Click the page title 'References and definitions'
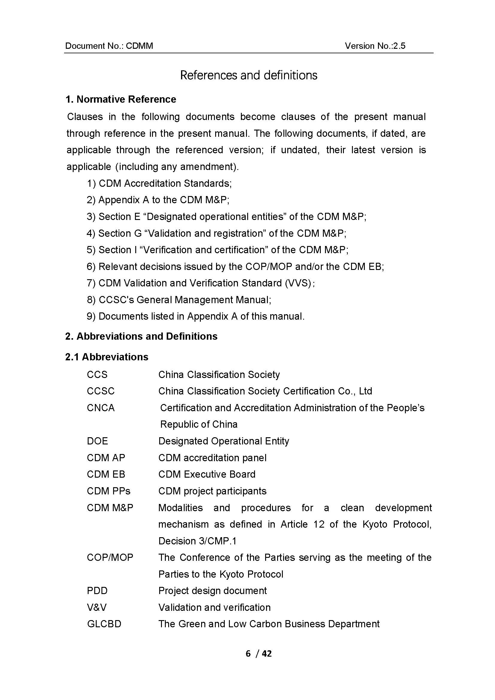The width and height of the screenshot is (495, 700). click(x=248, y=75)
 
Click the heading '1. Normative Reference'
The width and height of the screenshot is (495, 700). click(x=121, y=99)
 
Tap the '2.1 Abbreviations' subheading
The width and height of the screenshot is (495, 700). click(x=107, y=357)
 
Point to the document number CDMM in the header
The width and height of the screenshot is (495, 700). click(x=139, y=46)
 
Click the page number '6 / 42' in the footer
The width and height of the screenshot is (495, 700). click(x=259, y=653)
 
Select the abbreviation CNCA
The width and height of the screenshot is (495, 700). click(x=101, y=408)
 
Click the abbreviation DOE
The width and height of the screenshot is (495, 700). click(x=97, y=441)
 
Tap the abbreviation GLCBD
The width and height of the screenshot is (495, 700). click(x=104, y=624)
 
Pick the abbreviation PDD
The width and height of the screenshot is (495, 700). click(x=97, y=590)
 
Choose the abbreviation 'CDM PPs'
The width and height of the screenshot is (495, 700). click(x=109, y=491)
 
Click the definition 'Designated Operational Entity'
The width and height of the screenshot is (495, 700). click(x=224, y=441)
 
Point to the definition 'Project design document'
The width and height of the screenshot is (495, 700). click(x=212, y=590)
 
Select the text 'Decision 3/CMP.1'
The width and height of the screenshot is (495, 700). click(x=198, y=541)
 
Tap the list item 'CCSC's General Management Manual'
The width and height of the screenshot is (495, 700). click(x=185, y=300)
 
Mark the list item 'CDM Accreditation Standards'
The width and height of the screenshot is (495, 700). click(x=165, y=183)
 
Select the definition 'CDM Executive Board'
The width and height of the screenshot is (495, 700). click(x=207, y=474)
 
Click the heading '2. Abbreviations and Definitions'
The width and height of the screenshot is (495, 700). click(x=141, y=336)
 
